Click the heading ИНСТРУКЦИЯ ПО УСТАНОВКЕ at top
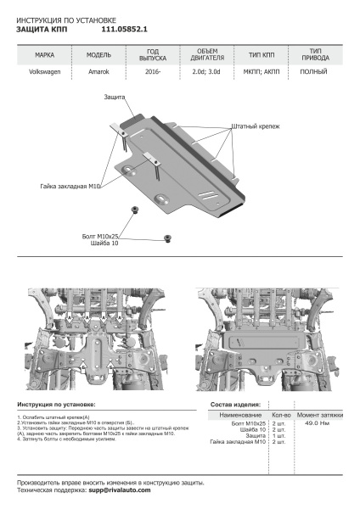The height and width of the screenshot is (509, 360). pyautogui.click(x=67, y=18)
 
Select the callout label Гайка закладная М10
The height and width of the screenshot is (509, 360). pyautogui.click(x=70, y=185)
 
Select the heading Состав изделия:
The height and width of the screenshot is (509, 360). pyautogui.click(x=235, y=406)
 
